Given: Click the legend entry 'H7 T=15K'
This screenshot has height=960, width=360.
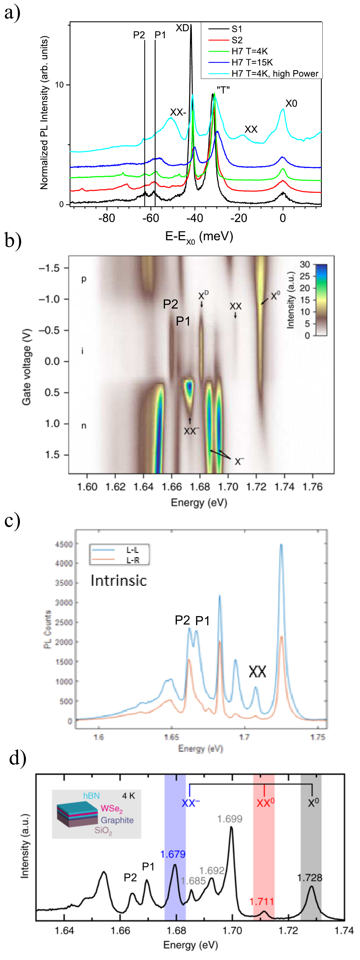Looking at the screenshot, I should click(x=252, y=62).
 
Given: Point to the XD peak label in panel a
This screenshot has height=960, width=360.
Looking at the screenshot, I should click(x=182, y=28).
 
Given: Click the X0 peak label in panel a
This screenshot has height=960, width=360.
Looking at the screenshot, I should click(x=291, y=104).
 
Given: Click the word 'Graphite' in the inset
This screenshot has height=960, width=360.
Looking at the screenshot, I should click(x=117, y=820).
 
